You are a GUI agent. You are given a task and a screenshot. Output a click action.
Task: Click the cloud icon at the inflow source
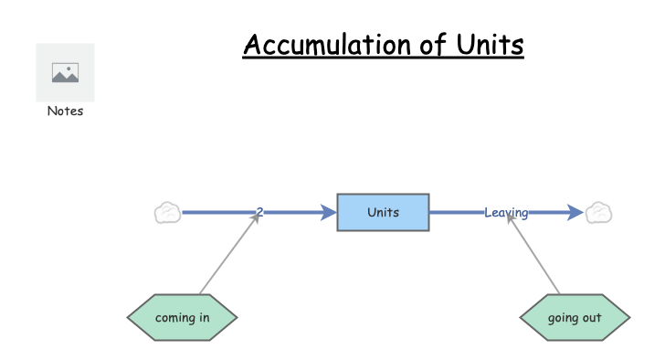167,213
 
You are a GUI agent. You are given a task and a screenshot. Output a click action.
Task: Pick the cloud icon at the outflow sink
598,213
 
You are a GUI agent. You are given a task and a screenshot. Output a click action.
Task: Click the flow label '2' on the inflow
259,213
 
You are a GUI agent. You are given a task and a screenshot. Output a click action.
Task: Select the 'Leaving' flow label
505,213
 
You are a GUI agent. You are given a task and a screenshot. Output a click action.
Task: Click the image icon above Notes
65,73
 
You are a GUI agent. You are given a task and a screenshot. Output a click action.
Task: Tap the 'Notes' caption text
65,111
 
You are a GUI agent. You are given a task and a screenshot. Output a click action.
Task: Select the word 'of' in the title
431,45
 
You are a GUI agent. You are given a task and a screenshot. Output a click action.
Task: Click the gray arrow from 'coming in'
228,257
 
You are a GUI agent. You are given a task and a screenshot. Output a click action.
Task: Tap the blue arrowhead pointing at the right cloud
575,213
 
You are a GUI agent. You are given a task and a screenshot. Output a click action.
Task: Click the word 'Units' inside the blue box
383,212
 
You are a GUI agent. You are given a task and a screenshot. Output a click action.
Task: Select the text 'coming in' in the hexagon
182,318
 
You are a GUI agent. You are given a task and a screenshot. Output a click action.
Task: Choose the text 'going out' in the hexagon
574,318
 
